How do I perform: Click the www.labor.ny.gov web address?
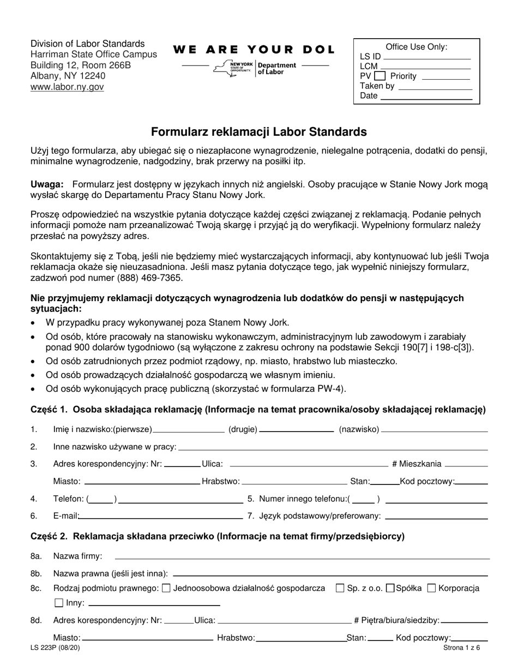(67, 87)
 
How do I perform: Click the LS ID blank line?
(427, 57)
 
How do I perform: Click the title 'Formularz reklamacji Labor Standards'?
(258, 131)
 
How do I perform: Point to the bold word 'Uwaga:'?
(47, 184)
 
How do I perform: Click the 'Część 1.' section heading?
(49, 410)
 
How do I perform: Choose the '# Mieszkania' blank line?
(466, 465)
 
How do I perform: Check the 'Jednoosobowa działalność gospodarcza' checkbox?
(167, 588)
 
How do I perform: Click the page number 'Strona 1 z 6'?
(459, 648)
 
